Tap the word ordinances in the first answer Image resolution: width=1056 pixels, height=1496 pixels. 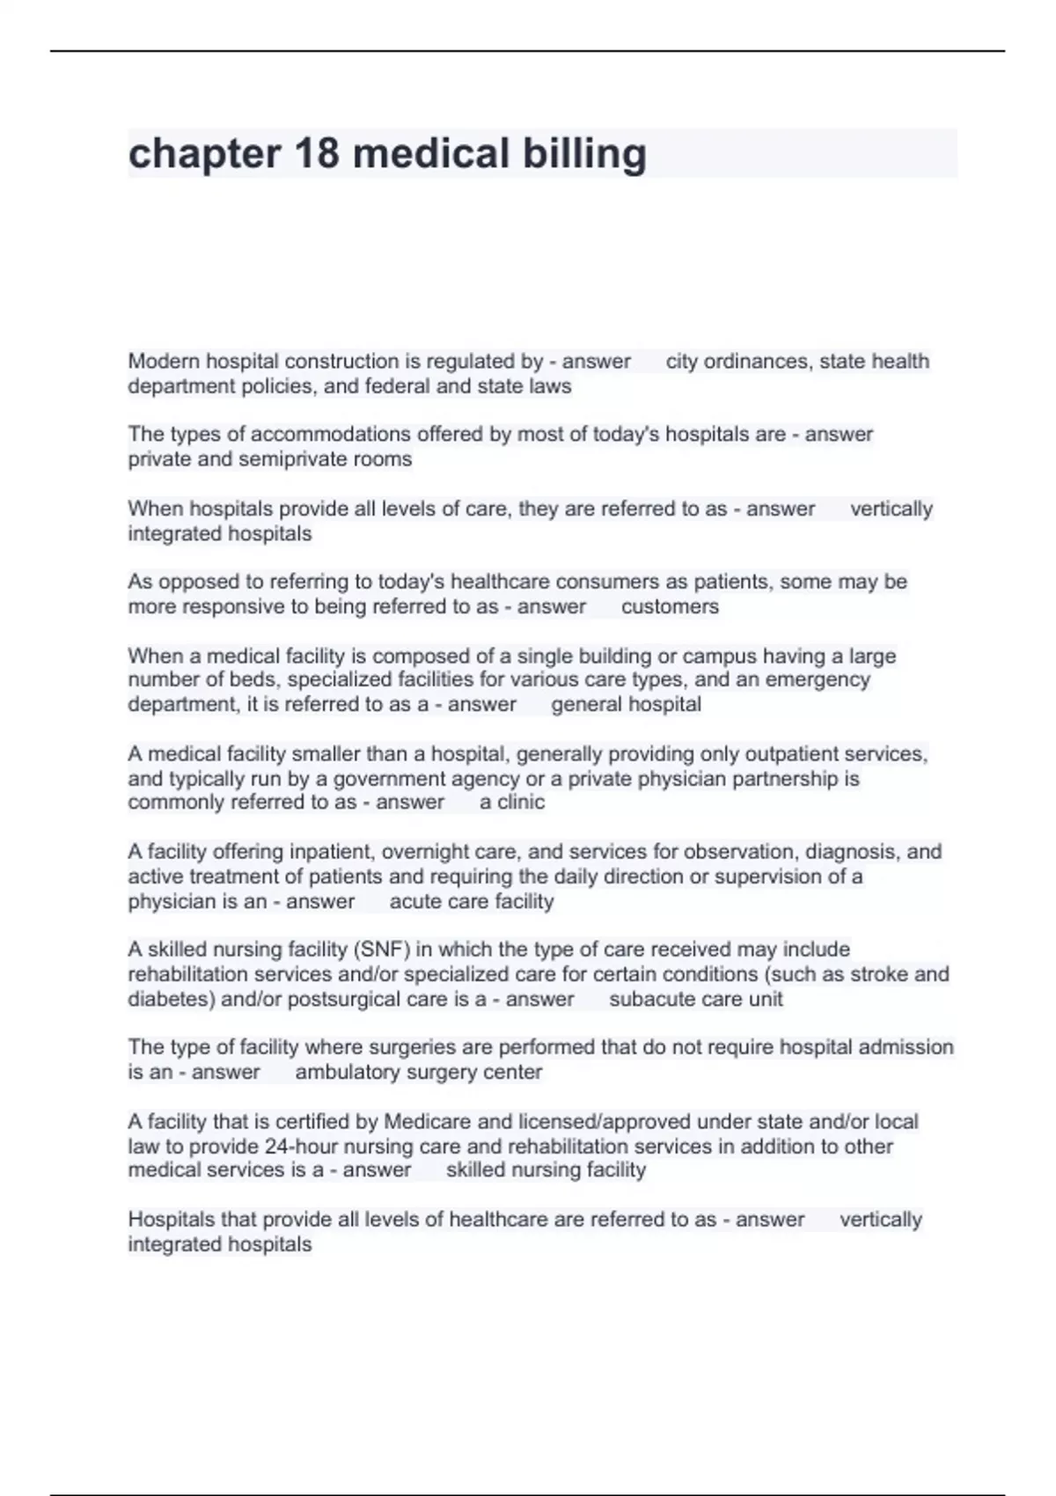coord(753,361)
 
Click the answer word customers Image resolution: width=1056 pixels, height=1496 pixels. coord(670,606)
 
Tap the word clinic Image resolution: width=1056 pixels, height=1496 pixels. coord(521,802)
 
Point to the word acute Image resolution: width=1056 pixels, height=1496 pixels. coord(415,901)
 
